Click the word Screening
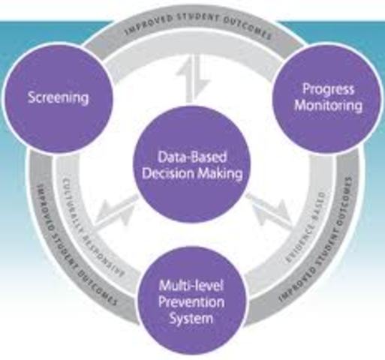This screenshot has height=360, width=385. [58, 97]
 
